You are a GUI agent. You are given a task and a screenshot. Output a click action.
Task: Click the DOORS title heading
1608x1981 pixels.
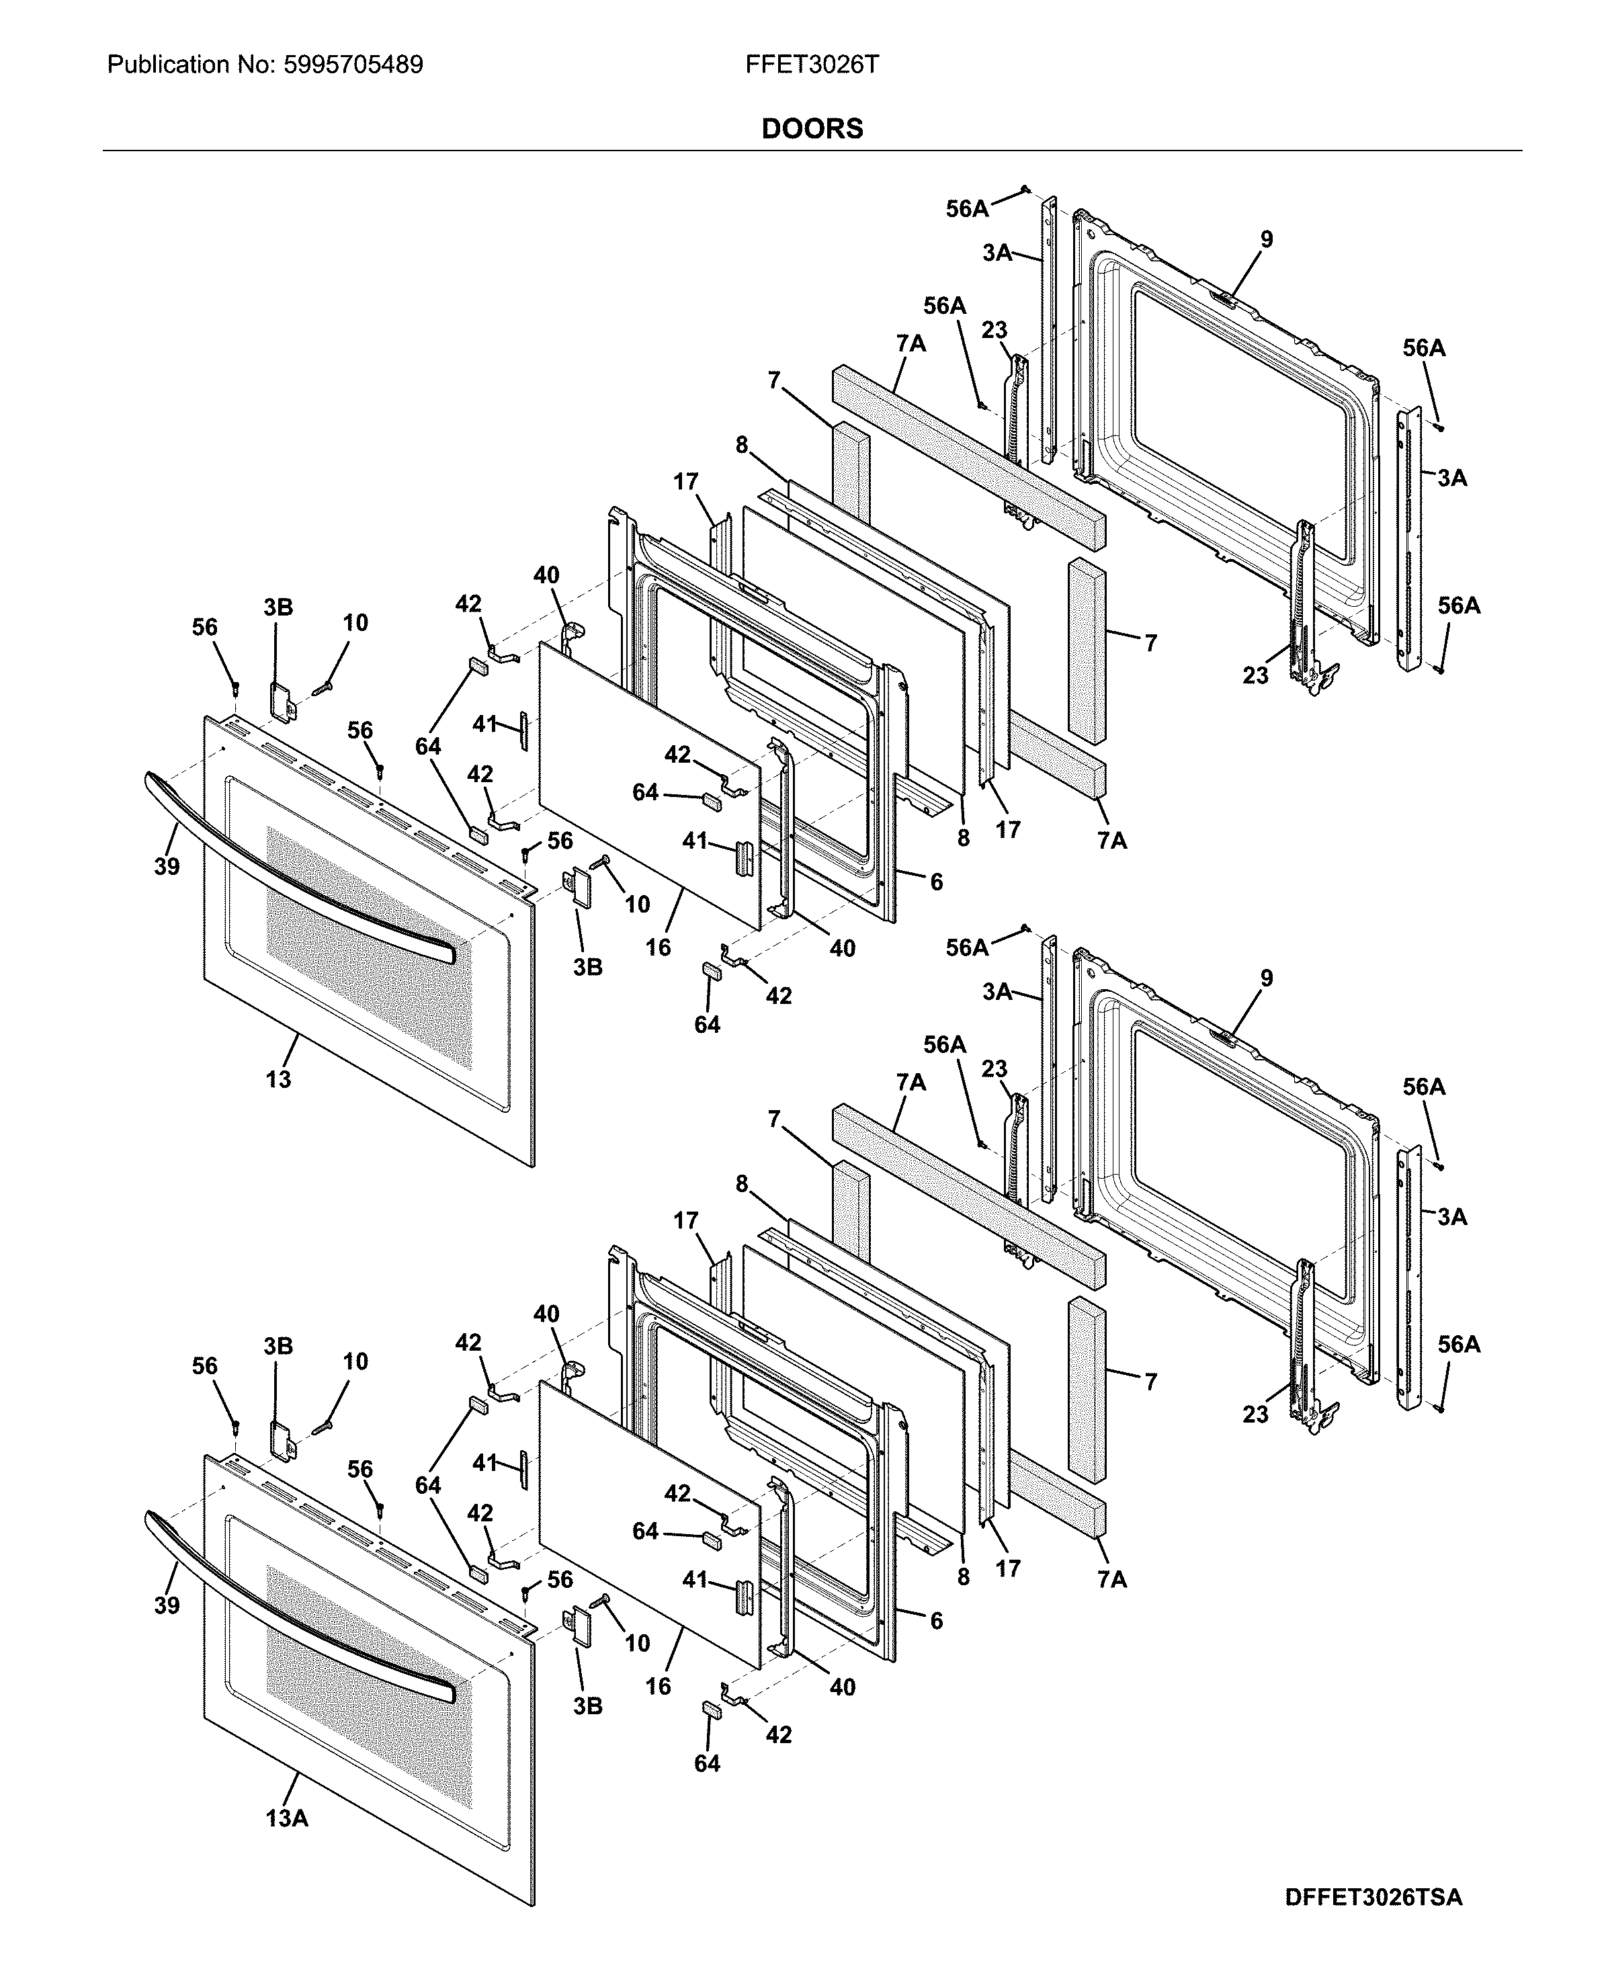click(812, 129)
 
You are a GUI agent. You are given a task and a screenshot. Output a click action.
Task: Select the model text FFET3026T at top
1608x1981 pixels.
click(812, 65)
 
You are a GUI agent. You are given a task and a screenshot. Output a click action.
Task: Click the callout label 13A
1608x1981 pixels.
click(286, 1818)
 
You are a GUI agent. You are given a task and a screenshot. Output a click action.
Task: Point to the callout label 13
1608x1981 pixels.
click(278, 1079)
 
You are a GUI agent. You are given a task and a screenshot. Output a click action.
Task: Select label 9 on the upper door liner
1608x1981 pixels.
click(1266, 240)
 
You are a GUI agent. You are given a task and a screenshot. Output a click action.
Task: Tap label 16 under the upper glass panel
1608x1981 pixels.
click(658, 947)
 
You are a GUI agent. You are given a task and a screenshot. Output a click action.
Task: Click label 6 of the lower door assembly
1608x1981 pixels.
click(937, 1621)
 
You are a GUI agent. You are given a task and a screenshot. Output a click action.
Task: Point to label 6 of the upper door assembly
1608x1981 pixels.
click(937, 882)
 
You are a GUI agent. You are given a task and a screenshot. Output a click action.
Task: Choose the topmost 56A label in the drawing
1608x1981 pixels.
click(966, 209)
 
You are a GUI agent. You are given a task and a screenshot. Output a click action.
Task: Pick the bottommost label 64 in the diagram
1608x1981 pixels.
click(707, 1763)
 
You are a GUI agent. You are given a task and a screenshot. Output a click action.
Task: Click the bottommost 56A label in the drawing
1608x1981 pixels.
click(1458, 1345)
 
